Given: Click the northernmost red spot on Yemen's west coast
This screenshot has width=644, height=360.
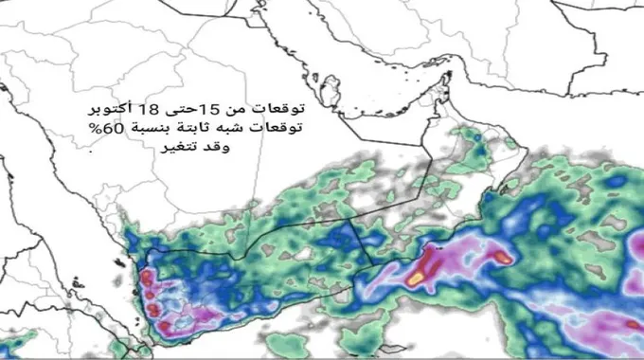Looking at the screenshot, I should pos(147,277).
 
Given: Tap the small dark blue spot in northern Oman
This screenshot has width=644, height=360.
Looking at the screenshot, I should pos(477,138).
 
